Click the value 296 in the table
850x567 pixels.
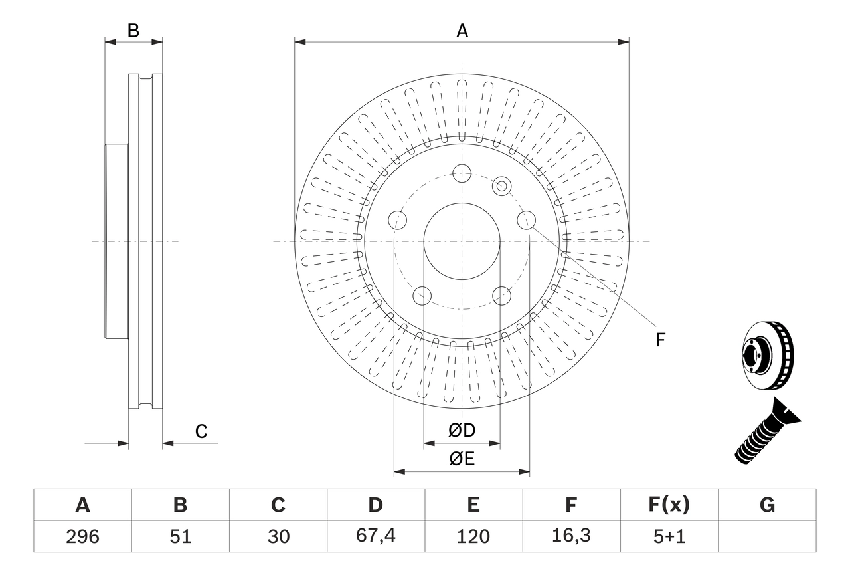(x=82, y=536)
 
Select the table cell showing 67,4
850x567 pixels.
(x=375, y=536)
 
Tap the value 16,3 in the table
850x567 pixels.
(x=570, y=536)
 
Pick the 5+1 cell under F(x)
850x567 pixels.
(x=669, y=536)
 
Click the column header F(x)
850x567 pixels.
(x=669, y=505)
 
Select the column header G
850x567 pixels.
(x=767, y=505)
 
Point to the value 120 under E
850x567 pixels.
(x=473, y=536)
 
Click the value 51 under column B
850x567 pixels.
(x=180, y=536)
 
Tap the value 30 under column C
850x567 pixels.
(x=278, y=536)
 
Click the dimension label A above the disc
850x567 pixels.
(x=462, y=31)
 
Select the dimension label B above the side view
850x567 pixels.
(x=133, y=31)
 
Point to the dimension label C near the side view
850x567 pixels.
(x=201, y=431)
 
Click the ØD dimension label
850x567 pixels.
(x=462, y=431)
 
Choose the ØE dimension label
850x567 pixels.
(x=462, y=459)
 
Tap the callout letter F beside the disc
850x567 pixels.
(x=660, y=340)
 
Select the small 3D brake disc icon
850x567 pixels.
(x=766, y=355)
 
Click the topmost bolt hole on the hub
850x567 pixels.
(x=462, y=173)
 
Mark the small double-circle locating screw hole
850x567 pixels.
(x=501, y=186)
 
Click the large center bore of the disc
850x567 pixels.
(x=462, y=241)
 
